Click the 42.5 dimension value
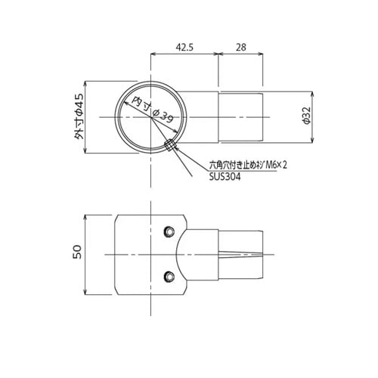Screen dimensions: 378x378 point(184,47)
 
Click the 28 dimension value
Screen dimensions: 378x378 point(241,47)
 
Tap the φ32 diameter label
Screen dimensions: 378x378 point(306,116)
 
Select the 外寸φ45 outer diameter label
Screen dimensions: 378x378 point(79,116)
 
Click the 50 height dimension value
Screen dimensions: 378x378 point(77,252)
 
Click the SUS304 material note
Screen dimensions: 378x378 point(225,177)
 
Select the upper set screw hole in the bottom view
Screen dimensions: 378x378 point(169,231)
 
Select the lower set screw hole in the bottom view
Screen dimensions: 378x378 point(169,277)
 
